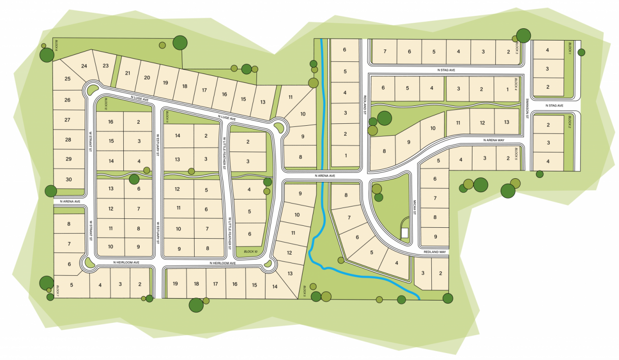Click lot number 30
pos(68,179)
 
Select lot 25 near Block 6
pos(67,79)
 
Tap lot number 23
pos(105,66)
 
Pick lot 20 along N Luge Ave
pos(147,77)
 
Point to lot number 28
pos(68,140)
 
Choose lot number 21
pos(127,73)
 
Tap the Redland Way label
pos(435,252)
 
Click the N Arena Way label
pos(494,141)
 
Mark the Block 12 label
pos(105,103)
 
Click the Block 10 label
pos(251,252)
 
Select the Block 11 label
pos(168,117)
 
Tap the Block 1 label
pos(570,48)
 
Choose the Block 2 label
pos(570,121)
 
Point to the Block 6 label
pos(57,45)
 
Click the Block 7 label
pos(57,290)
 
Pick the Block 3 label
pos(517,48)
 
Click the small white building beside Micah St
pos(404,232)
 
